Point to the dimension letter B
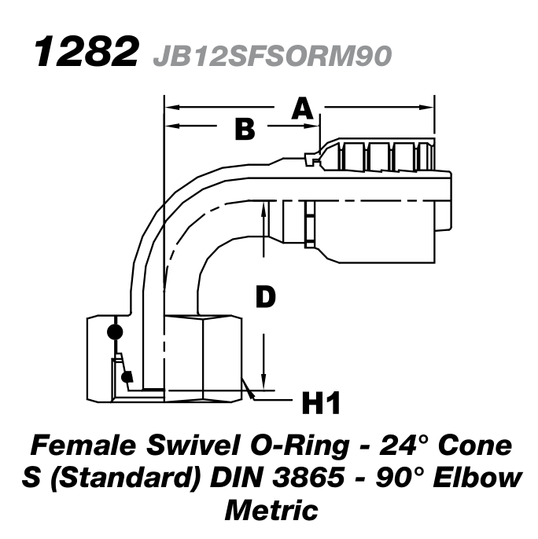coord(245,129)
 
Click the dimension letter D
coord(266,298)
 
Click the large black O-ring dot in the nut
coord(115,332)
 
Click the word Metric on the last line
coord(271,509)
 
